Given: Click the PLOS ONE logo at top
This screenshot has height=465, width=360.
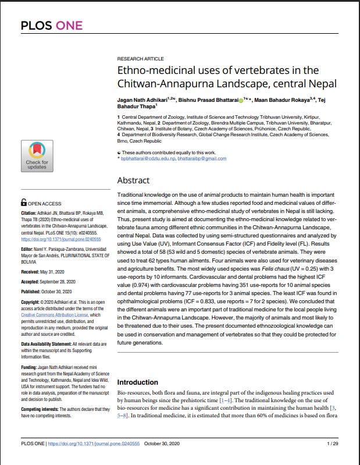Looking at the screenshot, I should click(x=51, y=25).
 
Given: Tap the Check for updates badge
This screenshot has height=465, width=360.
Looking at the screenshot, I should click(x=37, y=155).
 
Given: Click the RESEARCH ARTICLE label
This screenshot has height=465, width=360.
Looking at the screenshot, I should click(x=140, y=59).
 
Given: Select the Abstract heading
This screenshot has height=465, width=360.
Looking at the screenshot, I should click(x=133, y=180).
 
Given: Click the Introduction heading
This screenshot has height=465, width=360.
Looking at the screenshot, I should click(x=138, y=382).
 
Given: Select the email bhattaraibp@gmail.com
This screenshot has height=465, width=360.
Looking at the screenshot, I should click(x=202, y=158).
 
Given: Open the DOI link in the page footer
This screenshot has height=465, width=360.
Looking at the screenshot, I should click(x=92, y=443).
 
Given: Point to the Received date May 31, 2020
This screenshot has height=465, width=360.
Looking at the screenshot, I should click(x=55, y=272).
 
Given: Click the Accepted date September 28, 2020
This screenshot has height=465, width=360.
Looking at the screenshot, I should click(x=65, y=282).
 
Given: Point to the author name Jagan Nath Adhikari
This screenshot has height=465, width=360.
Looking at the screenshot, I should click(x=142, y=100).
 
